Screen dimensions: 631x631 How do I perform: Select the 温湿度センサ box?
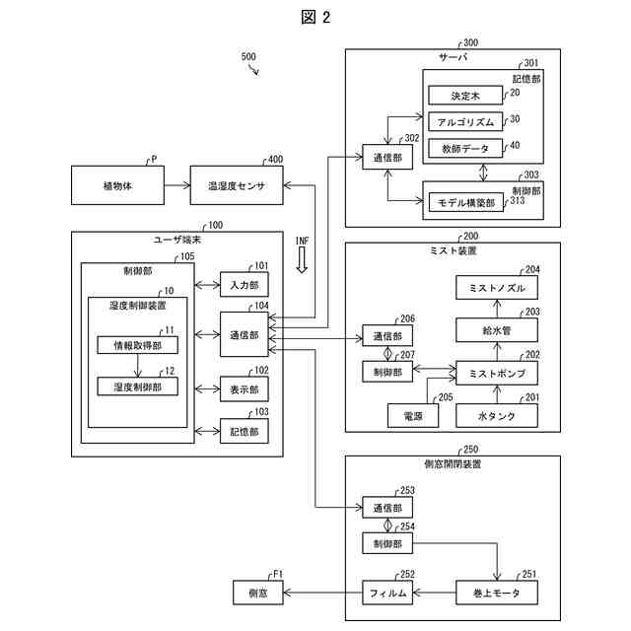236,184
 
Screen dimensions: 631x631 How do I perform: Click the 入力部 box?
244,285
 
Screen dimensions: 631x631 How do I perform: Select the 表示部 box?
244,389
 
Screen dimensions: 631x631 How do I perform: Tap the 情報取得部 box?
137,345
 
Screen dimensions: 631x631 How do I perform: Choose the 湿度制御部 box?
137,387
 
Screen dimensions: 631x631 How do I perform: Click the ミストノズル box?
497,287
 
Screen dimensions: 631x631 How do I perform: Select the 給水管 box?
497,330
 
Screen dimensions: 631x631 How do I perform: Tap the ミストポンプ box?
497,374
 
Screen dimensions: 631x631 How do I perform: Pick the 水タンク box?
497,416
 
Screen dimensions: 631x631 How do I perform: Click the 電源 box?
399,416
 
